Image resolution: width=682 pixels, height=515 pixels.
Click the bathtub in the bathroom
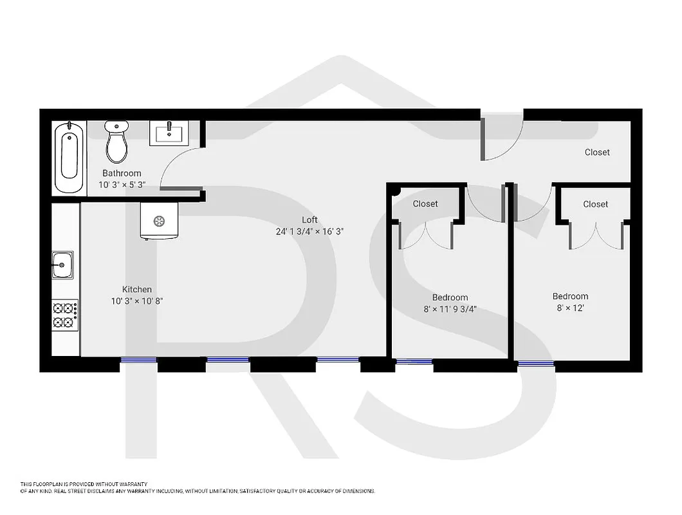tap(69, 158)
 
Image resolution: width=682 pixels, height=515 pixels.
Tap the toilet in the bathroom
tap(116, 143)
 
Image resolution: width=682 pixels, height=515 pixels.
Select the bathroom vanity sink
tap(169, 134)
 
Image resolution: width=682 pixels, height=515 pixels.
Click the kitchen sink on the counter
tap(62, 265)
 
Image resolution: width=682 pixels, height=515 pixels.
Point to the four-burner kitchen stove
tap(65, 315)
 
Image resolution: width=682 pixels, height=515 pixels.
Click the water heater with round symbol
tap(158, 221)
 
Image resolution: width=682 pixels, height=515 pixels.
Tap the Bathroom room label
tap(122, 173)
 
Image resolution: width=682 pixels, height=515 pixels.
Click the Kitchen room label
tap(137, 290)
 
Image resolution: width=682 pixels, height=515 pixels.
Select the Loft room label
tap(309, 220)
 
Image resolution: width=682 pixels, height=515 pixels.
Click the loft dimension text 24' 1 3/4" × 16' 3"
tap(309, 232)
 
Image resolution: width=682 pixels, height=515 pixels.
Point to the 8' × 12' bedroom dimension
tap(570, 308)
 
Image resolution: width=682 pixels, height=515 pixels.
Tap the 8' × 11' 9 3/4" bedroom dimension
tap(450, 309)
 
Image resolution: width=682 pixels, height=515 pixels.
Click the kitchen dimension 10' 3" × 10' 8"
tap(137, 301)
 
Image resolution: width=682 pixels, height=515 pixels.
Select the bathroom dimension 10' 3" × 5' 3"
tap(122, 184)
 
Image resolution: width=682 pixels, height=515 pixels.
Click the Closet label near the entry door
tap(597, 153)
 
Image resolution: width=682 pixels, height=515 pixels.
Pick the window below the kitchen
tap(138, 360)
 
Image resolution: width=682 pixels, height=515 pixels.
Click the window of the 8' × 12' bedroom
tap(536, 364)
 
